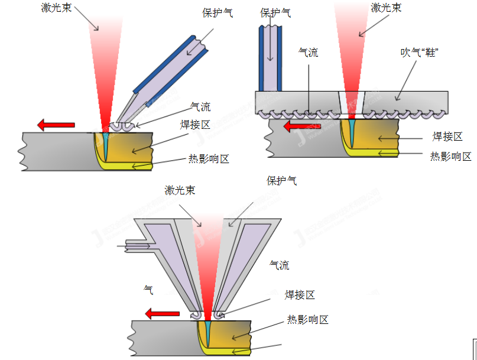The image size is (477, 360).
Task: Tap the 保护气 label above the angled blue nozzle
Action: [217, 12]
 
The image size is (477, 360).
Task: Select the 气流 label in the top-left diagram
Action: [200, 107]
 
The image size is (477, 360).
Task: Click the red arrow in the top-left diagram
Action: [56, 124]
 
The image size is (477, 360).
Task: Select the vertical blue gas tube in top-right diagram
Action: [270, 59]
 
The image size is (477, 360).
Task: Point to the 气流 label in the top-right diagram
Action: [308, 53]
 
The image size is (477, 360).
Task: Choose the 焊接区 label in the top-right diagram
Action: [447, 137]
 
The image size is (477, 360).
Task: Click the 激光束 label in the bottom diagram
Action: [180, 190]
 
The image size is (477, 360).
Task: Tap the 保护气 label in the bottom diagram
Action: [282, 180]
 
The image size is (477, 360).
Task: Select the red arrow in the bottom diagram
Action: [163, 313]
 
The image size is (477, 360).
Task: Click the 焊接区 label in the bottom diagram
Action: [299, 295]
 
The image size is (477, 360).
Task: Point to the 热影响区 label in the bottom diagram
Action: [307, 320]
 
